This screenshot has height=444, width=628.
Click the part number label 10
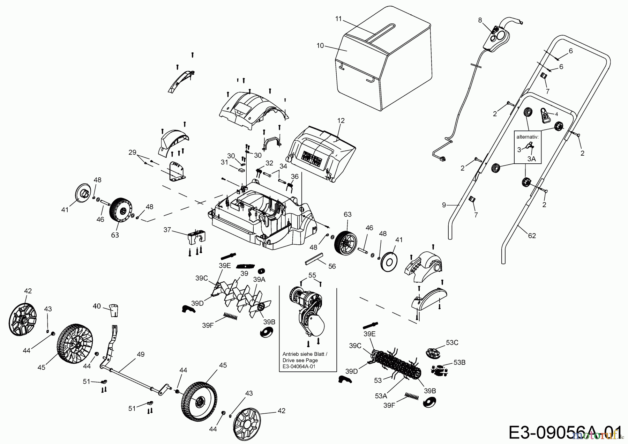320,45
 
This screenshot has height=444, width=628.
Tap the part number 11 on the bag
338,19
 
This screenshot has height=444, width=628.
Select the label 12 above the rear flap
341,120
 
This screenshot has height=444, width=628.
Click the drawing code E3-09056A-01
565,432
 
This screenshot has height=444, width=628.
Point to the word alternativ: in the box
527,137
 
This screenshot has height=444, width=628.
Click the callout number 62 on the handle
532,236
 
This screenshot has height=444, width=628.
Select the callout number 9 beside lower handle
444,205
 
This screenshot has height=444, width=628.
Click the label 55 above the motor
312,275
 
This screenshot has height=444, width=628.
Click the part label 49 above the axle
140,354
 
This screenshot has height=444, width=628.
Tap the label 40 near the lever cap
97,306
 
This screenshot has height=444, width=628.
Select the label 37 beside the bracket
167,229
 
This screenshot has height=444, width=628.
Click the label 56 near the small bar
332,266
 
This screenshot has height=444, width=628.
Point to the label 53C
452,342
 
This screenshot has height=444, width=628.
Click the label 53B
460,362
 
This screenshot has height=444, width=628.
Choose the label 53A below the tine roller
381,395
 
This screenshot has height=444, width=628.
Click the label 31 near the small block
224,162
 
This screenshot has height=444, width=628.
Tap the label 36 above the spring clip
295,177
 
